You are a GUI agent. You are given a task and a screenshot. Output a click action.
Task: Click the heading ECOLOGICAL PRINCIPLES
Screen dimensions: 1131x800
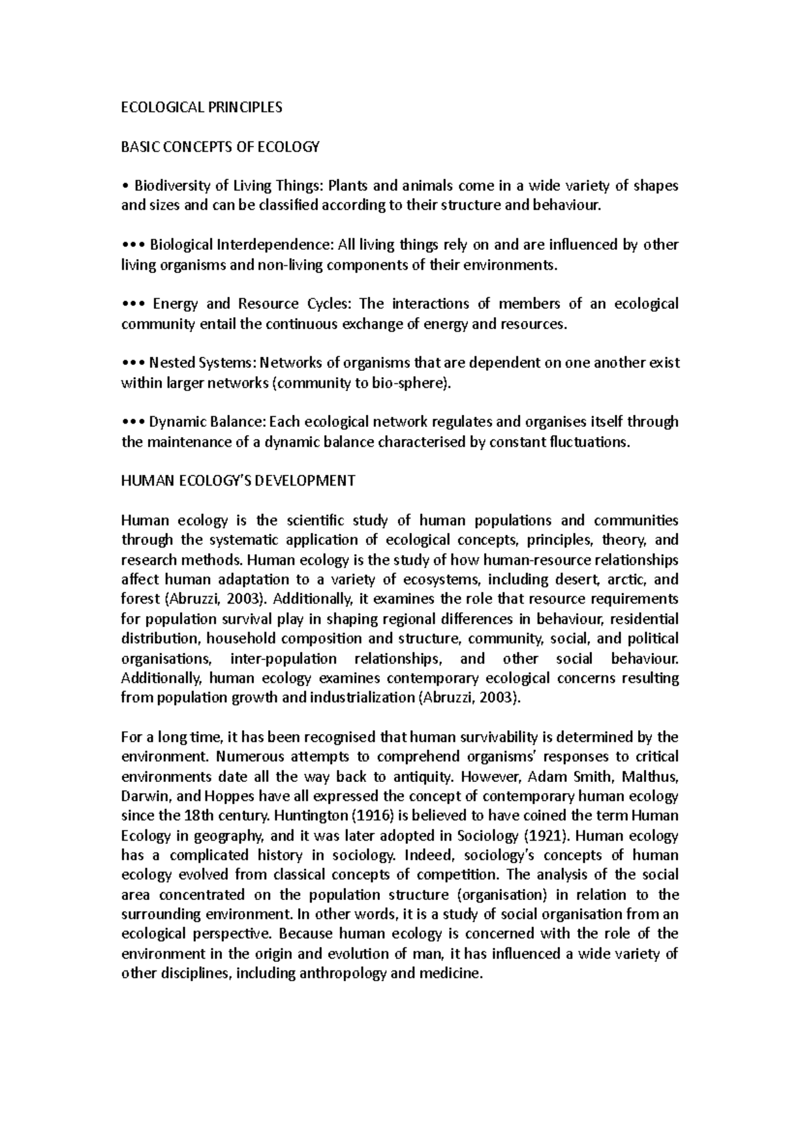point(201,107)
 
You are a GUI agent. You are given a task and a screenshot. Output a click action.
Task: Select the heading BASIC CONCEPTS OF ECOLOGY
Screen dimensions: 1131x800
point(220,147)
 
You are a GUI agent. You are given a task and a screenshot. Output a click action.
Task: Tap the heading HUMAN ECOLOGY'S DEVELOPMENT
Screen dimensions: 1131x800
point(238,481)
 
